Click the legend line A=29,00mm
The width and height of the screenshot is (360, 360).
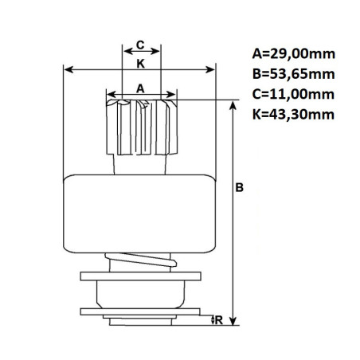click(292, 55)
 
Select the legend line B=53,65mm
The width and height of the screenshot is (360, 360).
click(292, 75)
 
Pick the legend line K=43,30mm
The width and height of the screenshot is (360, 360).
click(292, 114)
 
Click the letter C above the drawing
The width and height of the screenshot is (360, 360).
click(140, 45)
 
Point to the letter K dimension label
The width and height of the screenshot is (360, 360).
click(140, 61)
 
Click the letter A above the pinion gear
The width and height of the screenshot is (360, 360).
click(140, 88)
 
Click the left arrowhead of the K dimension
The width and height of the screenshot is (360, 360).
click(68, 69)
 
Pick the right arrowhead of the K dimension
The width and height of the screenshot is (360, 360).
click(213, 69)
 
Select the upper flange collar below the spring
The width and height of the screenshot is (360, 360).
click(140, 278)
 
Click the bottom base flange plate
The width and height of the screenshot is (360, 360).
click(140, 313)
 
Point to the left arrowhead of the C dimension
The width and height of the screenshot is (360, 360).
click(123, 54)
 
